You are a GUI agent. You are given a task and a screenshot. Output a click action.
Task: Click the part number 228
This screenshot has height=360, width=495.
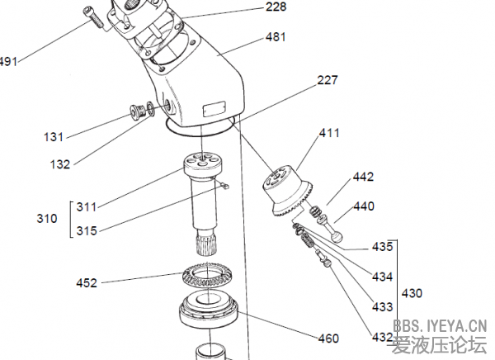pyautogui.click(x=276, y=7)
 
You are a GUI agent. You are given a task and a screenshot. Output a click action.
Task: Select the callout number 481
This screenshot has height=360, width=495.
pyautogui.click(x=276, y=38)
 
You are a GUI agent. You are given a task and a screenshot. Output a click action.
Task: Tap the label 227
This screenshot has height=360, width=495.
pyautogui.click(x=328, y=80)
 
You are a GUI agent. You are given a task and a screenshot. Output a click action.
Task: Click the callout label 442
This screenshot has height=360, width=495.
pyautogui.click(x=363, y=177)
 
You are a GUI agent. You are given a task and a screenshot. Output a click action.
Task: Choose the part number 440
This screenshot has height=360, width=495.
pyautogui.click(x=364, y=206)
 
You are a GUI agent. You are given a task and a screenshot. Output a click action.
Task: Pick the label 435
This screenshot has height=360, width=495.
pyautogui.click(x=382, y=247)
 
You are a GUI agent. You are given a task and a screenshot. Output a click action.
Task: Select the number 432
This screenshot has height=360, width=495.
pyautogui.click(x=382, y=337)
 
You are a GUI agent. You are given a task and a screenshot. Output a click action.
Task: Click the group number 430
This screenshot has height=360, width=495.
pyautogui.click(x=413, y=292)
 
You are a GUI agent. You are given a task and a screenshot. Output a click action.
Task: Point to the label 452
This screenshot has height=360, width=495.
pyautogui.click(x=86, y=283)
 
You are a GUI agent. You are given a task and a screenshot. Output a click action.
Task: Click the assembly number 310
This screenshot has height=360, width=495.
pyautogui.click(x=47, y=219)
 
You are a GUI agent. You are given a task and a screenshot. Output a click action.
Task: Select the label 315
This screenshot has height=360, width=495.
pyautogui.click(x=86, y=230)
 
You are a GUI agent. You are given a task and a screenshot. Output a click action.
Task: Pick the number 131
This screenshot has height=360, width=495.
pyautogui.click(x=54, y=136)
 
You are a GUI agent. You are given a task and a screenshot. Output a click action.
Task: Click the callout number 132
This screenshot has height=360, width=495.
pyautogui.click(x=59, y=164)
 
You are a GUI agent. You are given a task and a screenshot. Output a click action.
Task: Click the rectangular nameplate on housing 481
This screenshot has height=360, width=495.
pyautogui.click(x=214, y=108)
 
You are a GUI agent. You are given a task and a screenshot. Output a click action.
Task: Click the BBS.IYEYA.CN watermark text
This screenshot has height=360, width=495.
pyautogui.click(x=441, y=326)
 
